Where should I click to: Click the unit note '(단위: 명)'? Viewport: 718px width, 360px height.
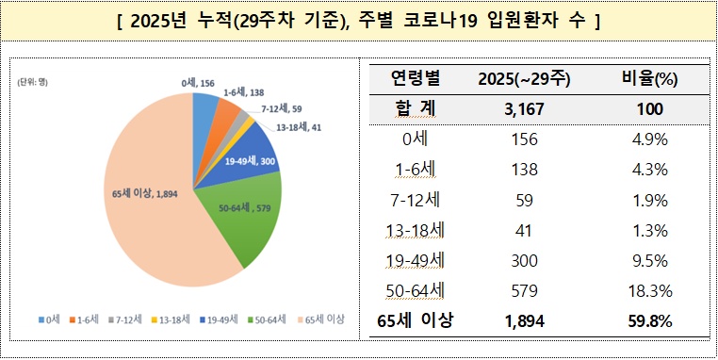coord(36,81)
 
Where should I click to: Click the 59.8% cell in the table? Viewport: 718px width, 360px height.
coord(649,320)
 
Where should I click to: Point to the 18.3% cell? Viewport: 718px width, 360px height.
coord(649,290)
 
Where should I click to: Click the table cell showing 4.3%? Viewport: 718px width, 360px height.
coord(649,170)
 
